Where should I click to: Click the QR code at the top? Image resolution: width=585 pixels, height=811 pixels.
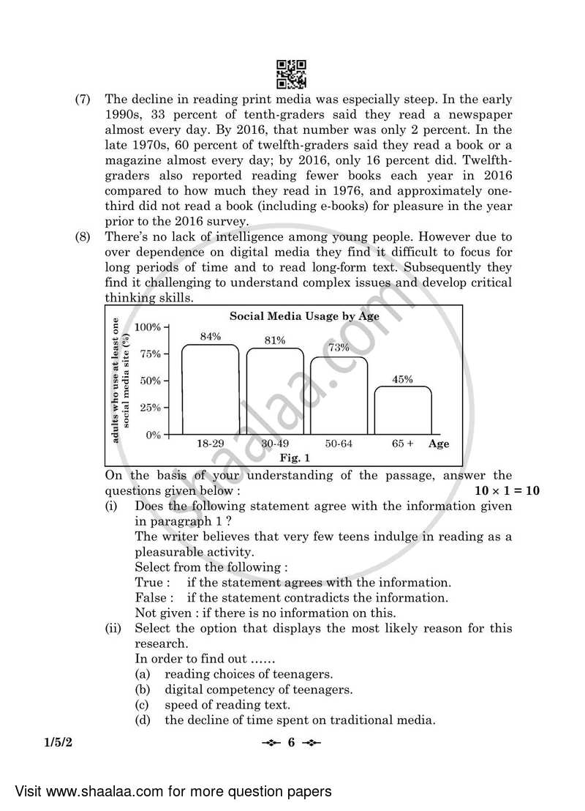pos(292,74)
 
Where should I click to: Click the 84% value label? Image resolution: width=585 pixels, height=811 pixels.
pos(211,337)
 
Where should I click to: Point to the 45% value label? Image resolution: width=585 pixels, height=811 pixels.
pos(403,379)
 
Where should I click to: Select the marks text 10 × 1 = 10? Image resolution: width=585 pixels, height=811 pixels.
pos(507,490)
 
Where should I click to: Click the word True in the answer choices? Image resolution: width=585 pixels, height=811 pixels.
pos(152,583)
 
